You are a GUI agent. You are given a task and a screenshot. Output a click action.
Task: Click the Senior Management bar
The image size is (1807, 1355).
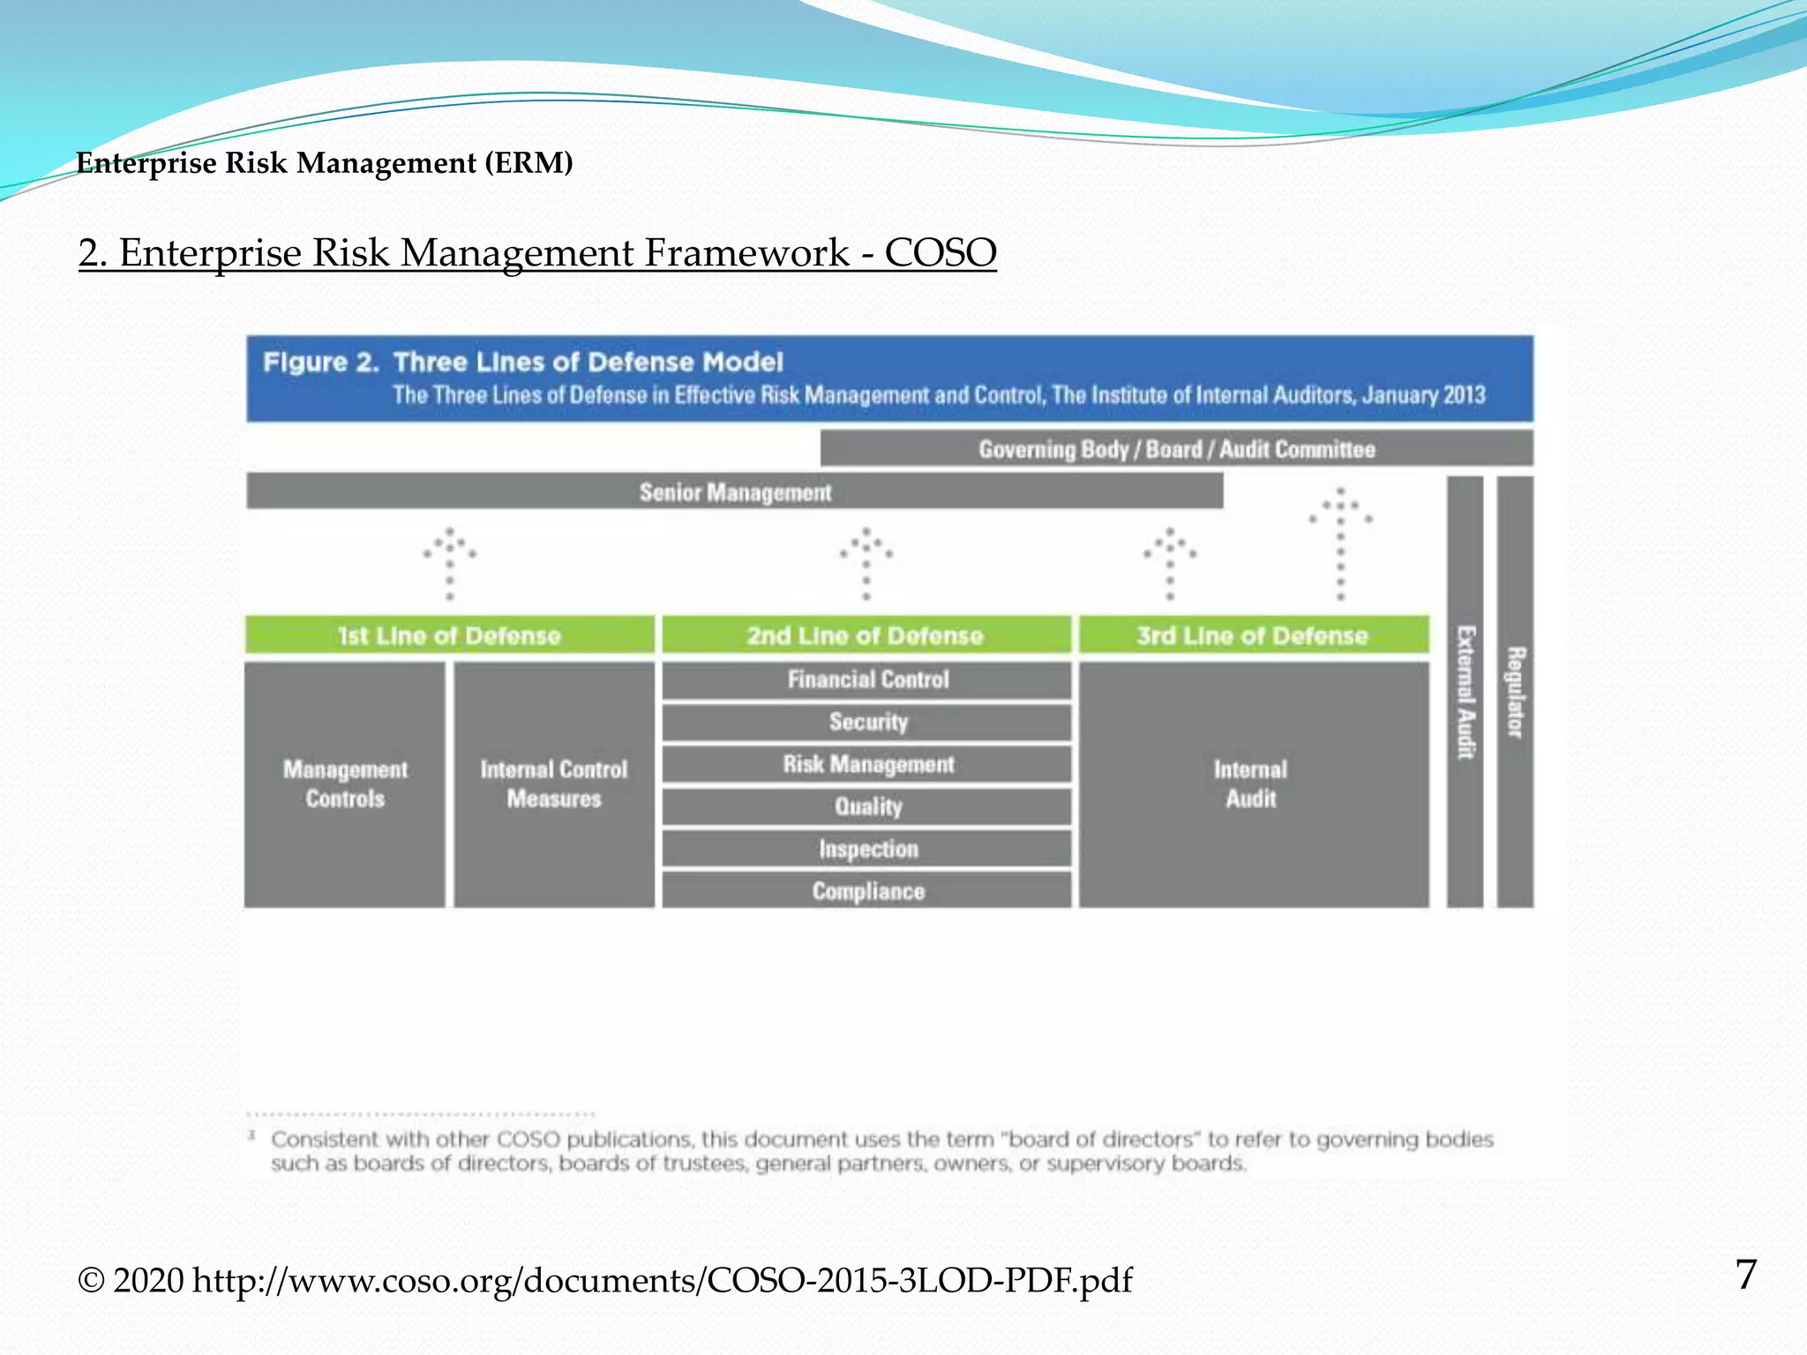(735, 491)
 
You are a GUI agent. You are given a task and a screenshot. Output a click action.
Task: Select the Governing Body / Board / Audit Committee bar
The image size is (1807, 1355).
(1176, 449)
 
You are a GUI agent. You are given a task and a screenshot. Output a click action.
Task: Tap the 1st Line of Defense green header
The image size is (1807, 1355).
(449, 635)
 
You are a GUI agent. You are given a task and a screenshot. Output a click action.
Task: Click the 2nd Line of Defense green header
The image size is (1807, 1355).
(866, 635)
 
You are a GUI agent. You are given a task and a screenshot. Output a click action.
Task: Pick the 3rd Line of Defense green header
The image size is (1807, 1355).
(1252, 635)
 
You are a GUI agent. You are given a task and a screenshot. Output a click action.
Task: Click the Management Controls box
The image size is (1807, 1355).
(345, 784)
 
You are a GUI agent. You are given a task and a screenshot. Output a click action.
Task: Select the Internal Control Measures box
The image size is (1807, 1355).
(554, 784)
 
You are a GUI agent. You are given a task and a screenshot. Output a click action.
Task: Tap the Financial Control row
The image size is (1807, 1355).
(867, 679)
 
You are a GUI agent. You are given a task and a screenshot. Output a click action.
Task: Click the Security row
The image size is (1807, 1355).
(867, 722)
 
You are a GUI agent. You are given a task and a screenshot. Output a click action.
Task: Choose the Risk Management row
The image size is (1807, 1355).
(867, 764)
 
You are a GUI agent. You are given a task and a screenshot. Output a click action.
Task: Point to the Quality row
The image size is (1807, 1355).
(867, 806)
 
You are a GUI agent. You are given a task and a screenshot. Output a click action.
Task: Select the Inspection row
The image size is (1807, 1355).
(867, 849)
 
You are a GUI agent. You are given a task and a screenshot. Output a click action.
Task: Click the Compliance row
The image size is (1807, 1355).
(867, 891)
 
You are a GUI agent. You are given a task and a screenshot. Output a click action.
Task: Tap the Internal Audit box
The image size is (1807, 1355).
(1252, 784)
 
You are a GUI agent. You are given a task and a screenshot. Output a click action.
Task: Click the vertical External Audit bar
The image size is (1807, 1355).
(1465, 692)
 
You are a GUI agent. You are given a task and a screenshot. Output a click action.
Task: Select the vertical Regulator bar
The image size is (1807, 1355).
(1515, 692)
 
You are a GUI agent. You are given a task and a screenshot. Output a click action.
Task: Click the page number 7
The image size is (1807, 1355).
(1745, 1275)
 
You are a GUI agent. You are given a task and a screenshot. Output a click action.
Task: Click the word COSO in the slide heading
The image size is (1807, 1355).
(941, 253)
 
